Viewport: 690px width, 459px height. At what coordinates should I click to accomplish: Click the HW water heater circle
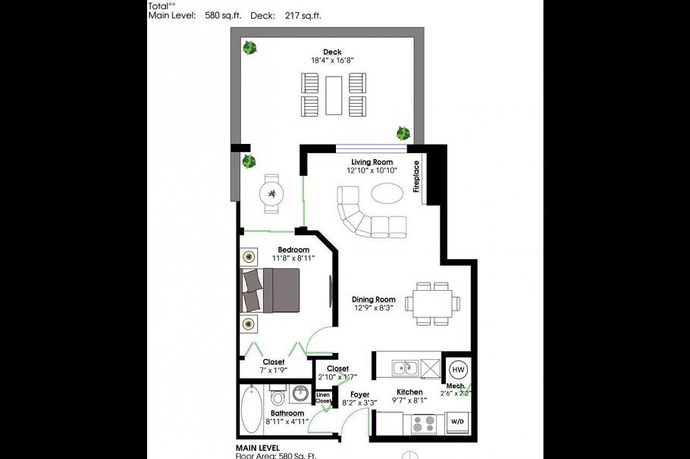[458, 370]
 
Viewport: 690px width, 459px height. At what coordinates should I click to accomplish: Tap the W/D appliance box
[457, 421]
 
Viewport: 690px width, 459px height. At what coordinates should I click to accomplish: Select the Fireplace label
[416, 176]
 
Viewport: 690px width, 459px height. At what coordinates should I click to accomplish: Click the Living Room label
[372, 162]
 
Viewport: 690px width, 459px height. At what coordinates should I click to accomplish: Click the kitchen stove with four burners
[423, 423]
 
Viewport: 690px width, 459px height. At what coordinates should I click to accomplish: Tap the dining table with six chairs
[432, 304]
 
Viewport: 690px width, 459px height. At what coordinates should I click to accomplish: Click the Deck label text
[332, 52]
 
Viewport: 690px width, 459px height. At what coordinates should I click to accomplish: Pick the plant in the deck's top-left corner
[249, 48]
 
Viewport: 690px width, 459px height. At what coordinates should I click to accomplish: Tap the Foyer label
[359, 395]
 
